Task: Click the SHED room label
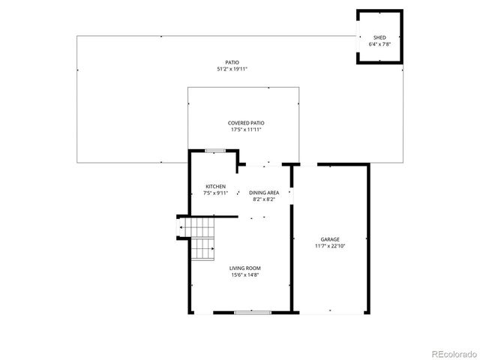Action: coord(379,37)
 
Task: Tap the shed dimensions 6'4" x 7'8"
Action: coord(379,44)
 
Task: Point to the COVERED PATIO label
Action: coord(246,123)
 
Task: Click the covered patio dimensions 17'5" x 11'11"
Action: coord(246,130)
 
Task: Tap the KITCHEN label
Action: coord(216,186)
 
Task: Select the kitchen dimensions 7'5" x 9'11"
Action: coord(216,193)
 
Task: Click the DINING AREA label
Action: coord(264,193)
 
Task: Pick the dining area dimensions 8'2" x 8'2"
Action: coord(264,199)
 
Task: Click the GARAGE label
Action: coord(330,238)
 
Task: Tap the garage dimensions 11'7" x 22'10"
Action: coord(330,245)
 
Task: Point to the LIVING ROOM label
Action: coord(245,268)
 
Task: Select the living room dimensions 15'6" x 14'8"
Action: coord(245,274)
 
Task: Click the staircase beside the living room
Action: coord(201,238)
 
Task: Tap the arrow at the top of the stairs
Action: coord(181,226)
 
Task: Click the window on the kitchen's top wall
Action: coord(215,151)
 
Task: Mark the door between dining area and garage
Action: coord(292,196)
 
